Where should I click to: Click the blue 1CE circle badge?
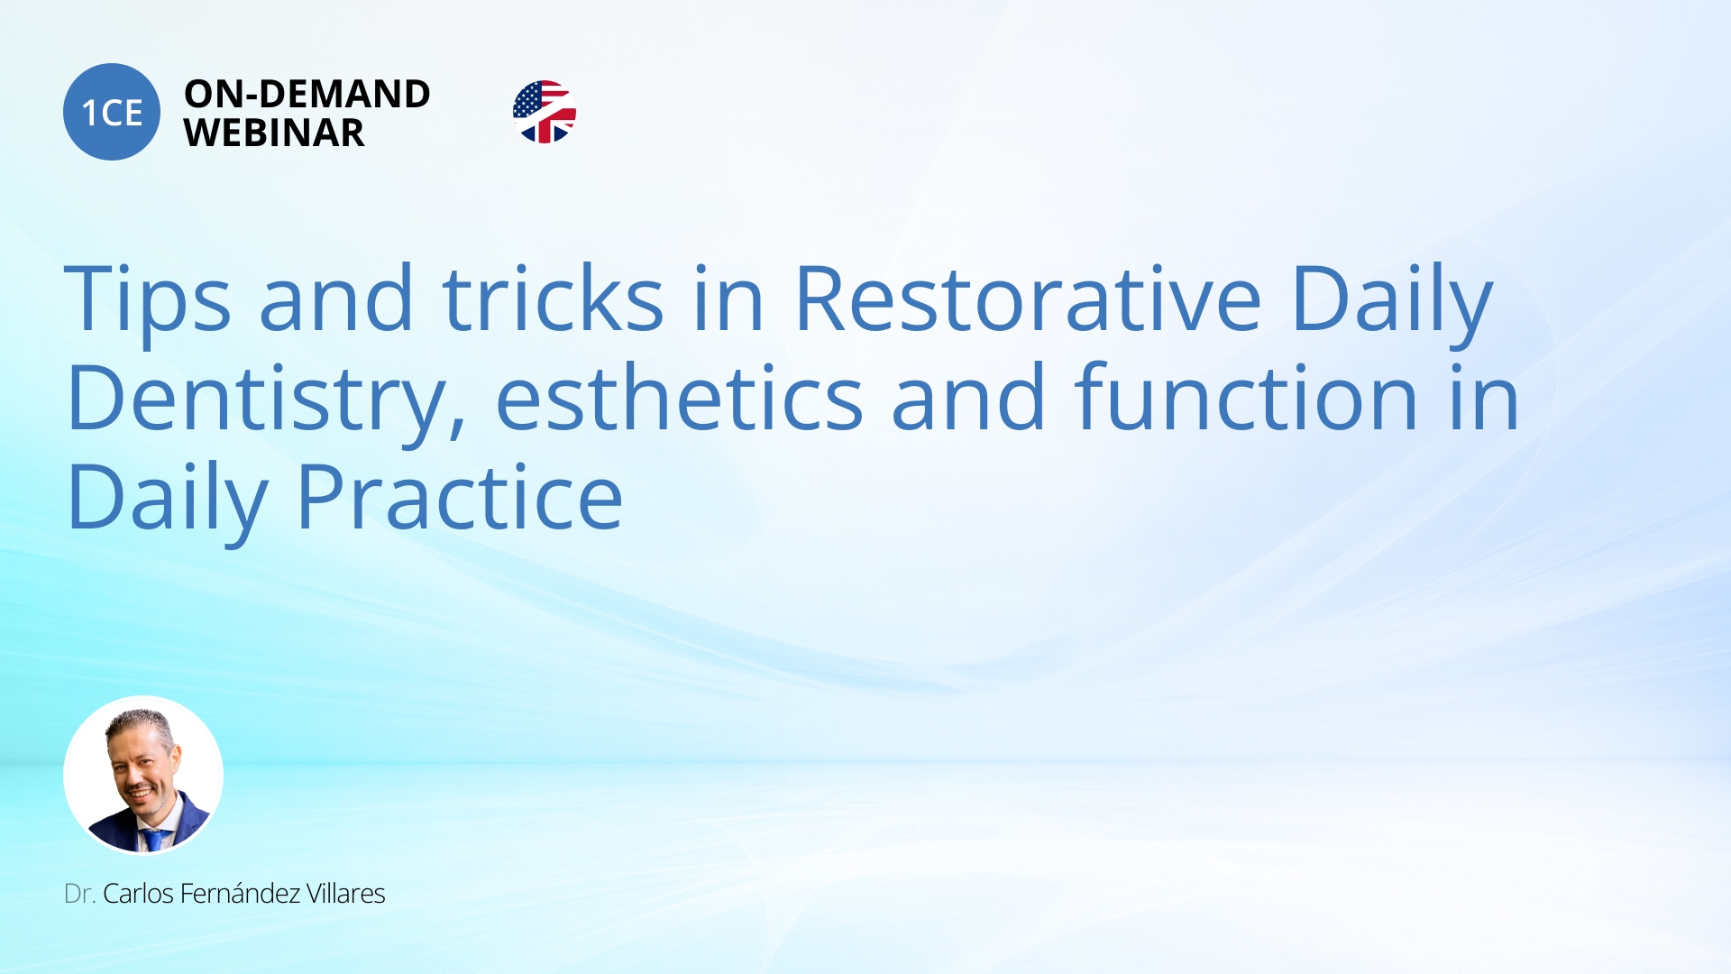(x=112, y=112)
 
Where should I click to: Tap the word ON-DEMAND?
(x=307, y=94)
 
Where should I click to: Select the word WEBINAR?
(x=274, y=133)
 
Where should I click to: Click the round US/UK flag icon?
(x=545, y=112)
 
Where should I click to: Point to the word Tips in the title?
(x=148, y=301)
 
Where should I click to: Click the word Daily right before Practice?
(x=168, y=501)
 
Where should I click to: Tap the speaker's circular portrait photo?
(x=143, y=775)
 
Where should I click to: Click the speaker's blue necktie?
(x=154, y=840)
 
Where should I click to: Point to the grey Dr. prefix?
(x=79, y=894)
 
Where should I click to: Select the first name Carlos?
(x=138, y=894)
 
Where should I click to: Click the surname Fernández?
(x=240, y=893)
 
